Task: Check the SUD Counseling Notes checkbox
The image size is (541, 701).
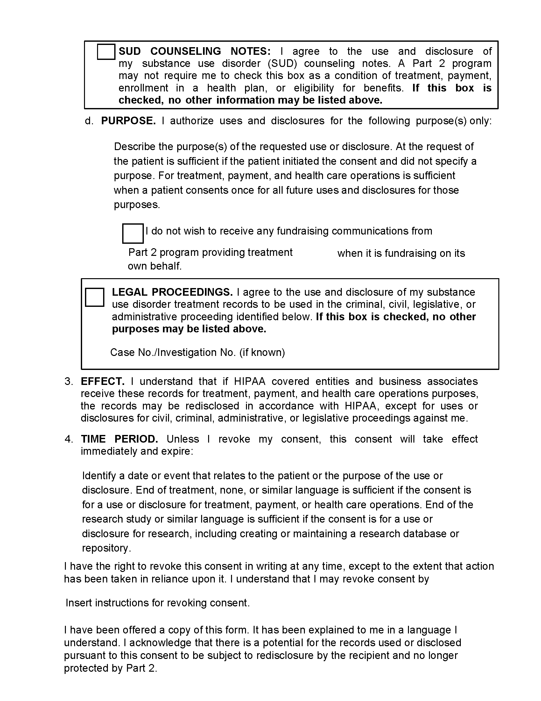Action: (x=106, y=52)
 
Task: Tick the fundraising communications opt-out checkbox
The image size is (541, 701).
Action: (x=133, y=233)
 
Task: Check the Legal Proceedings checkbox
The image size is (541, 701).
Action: (x=95, y=297)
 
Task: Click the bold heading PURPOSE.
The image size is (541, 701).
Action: (x=128, y=121)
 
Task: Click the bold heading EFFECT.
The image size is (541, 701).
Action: (x=102, y=381)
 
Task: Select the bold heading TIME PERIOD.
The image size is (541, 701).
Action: (x=119, y=439)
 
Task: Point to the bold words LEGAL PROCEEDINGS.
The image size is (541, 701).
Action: (x=172, y=292)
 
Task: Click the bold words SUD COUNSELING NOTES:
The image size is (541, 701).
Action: (x=194, y=51)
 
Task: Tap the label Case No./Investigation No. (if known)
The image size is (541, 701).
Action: (x=197, y=352)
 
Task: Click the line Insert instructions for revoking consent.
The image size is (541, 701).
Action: (x=157, y=603)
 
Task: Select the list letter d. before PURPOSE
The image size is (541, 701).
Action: (x=89, y=121)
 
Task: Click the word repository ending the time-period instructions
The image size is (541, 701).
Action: (x=106, y=548)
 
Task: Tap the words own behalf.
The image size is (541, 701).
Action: (x=154, y=266)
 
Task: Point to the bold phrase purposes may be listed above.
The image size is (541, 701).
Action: (x=189, y=329)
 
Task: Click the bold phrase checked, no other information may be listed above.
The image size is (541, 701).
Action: (x=250, y=100)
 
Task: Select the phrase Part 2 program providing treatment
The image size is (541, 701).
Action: (x=210, y=252)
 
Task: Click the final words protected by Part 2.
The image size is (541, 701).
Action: (x=110, y=668)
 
